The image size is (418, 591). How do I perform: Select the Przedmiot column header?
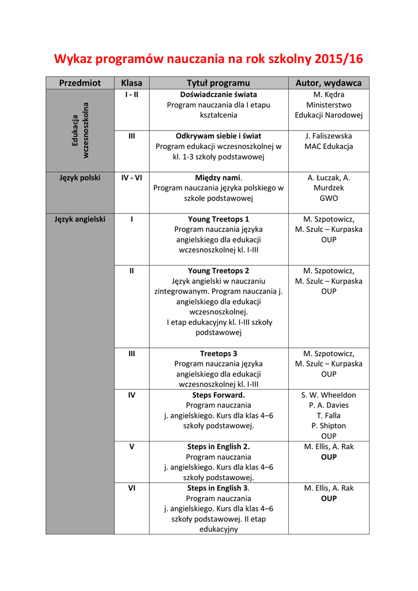tap(80, 83)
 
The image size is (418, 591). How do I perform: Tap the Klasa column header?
tap(131, 83)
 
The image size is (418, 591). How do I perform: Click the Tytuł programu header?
tap(219, 83)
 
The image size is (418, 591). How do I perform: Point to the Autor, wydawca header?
tap(329, 83)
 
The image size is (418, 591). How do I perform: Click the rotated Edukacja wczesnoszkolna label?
tap(80, 130)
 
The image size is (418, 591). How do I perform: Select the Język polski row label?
tap(80, 178)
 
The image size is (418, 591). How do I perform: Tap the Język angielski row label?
tap(80, 219)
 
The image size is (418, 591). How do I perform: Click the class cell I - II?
tap(131, 94)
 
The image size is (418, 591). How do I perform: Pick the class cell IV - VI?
tap(131, 178)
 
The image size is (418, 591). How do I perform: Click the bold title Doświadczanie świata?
tap(219, 94)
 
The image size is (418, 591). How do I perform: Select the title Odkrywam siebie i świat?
tap(219, 136)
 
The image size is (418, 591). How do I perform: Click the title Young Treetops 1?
tap(219, 219)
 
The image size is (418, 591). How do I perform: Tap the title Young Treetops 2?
tap(219, 271)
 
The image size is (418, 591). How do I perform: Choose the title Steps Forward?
tap(219, 395)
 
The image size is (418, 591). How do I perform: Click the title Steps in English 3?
tap(219, 488)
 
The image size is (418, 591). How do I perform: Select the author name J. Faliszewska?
tap(329, 136)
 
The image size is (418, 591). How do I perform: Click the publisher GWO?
tap(329, 199)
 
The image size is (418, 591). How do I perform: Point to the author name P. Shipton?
tap(329, 426)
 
